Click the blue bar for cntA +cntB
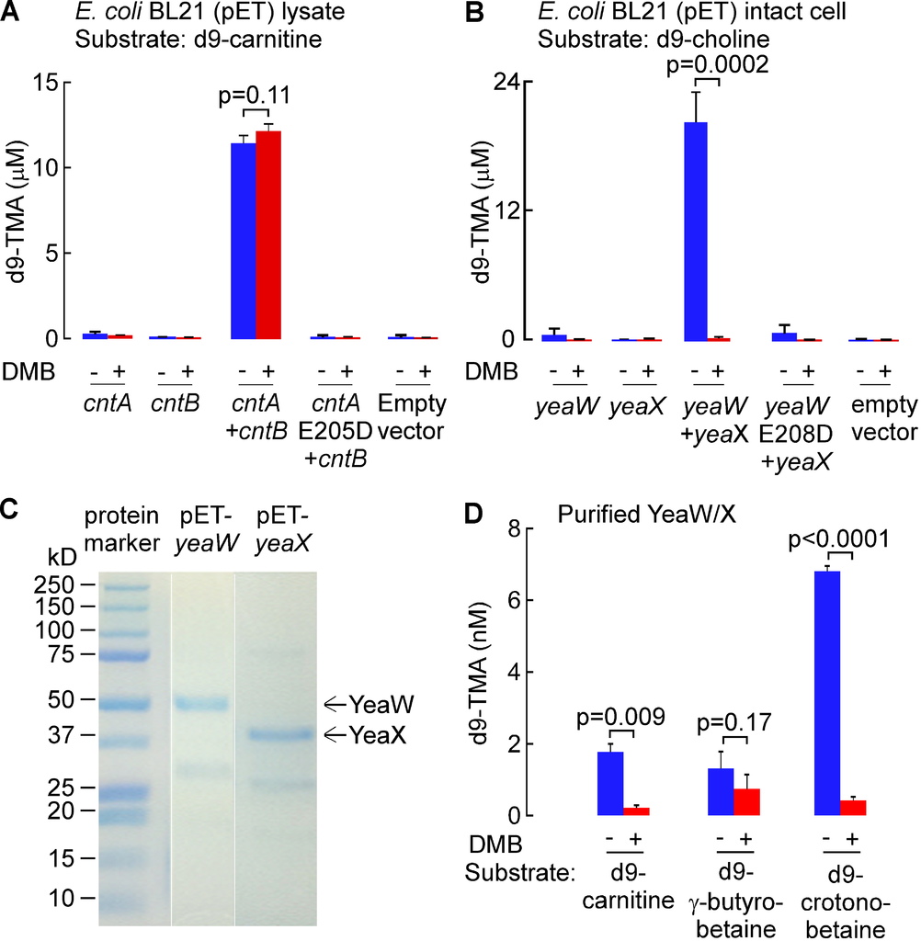point(243,241)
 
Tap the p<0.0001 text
point(840,539)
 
